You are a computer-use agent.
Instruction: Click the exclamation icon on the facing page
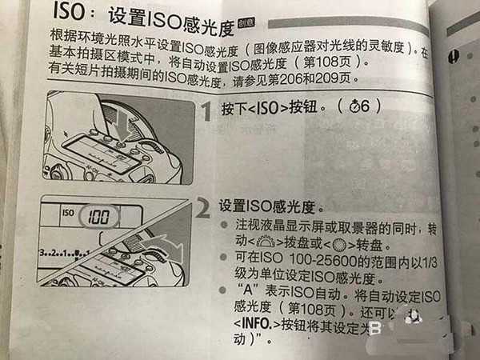click(x=454, y=55)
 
